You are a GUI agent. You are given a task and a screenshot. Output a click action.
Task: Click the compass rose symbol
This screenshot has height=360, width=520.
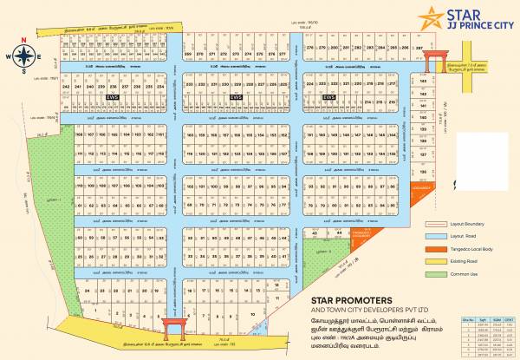[x=25, y=57]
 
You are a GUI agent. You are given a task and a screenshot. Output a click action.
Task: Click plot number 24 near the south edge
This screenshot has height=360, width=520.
[x=88, y=292]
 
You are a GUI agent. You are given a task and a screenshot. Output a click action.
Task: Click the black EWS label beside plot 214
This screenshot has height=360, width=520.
[x=328, y=97]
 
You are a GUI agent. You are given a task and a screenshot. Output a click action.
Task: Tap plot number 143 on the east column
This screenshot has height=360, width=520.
[x=423, y=79]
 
